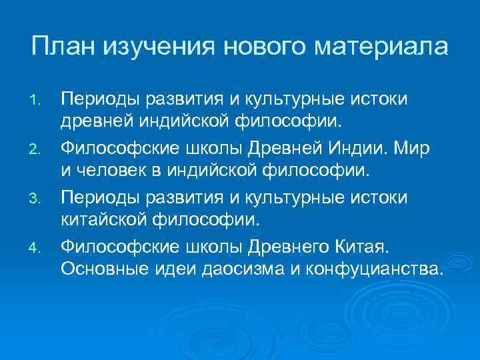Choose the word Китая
tap(364, 249)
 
